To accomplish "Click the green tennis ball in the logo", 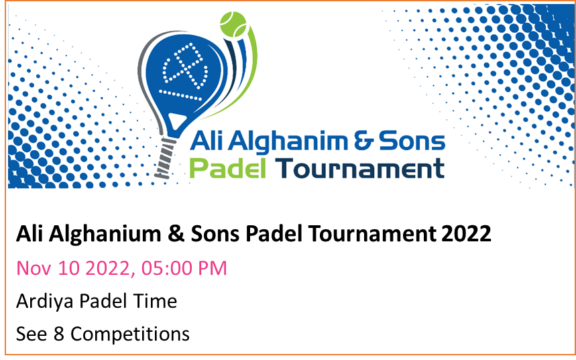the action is tap(233, 24).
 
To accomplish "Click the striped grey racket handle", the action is tap(165, 158).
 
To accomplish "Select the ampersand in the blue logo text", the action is tap(363, 141).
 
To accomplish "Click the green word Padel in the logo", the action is tap(228, 168).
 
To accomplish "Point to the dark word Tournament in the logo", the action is tap(360, 168).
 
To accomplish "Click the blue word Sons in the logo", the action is tap(412, 141).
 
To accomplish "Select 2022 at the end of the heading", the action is tap(466, 234).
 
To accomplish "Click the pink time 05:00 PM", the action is tap(184, 267).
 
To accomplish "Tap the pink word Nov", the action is tap(34, 268).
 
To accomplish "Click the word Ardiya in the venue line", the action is tap(46, 302).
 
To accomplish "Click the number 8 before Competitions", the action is tap(59, 334).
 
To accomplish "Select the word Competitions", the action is tap(130, 335).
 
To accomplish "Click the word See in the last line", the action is tap(32, 334).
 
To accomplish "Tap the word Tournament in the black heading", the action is tap(373, 234).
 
